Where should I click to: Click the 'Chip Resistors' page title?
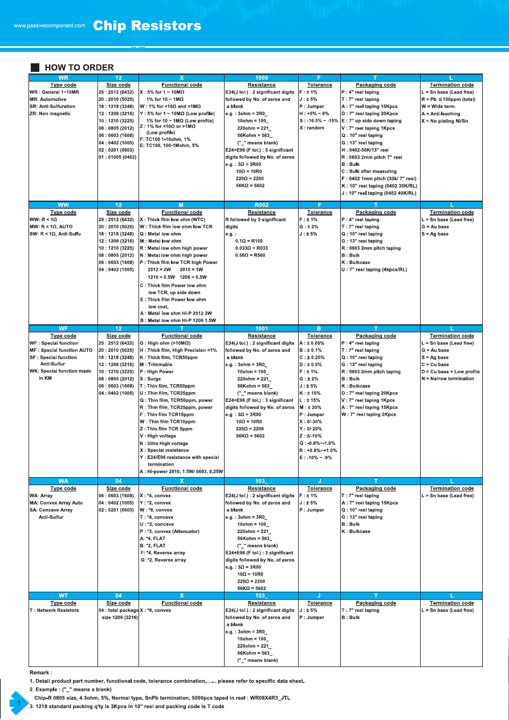coord(146,26)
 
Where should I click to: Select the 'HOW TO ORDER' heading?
coord(79,67)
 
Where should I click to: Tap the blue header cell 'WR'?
coord(63,78)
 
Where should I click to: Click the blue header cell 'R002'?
coord(262,205)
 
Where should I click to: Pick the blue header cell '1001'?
coord(262,328)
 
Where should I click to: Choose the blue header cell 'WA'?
coord(63,481)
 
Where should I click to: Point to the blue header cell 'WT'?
coord(63,596)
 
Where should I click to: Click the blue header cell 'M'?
coord(181,205)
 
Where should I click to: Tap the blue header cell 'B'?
coord(319,328)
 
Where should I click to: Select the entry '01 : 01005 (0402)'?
coord(117,157)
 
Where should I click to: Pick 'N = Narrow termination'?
coord(447,379)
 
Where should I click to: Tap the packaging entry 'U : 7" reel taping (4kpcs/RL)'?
coord(374,270)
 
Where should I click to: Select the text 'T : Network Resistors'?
coord(54,611)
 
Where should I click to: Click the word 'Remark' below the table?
coord(40,673)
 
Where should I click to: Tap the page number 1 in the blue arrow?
coord(19,704)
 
